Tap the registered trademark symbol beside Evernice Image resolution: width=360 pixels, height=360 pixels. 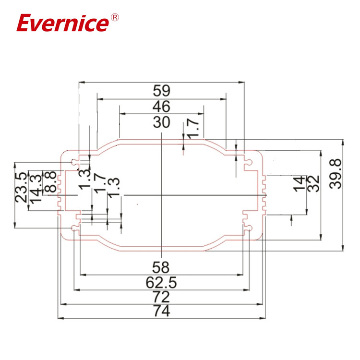pos(115,17)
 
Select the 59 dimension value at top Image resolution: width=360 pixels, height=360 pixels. pos(162,90)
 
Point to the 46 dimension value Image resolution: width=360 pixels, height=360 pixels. pos(162,106)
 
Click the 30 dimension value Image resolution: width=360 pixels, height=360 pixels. pos(162,122)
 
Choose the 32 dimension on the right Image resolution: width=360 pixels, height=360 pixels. pos(313,183)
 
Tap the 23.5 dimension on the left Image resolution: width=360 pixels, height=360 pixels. pos(21,188)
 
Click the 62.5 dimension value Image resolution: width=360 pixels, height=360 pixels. pos(162,282)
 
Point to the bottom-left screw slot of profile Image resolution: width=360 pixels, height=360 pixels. pos(75,228)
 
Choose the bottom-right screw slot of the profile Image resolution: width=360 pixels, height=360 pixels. pos(248,228)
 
